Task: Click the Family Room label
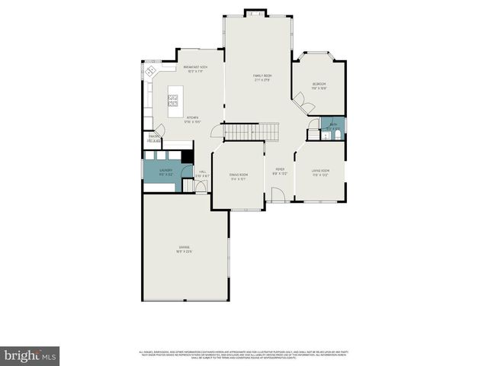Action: coord(262,77)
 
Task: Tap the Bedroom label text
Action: coord(319,85)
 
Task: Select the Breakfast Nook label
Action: coord(197,69)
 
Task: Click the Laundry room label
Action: coord(165,172)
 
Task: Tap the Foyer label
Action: coord(280,172)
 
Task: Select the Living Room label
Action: coord(320,172)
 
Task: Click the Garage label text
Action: coord(185,249)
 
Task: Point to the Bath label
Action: coord(333,124)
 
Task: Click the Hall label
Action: coord(201,175)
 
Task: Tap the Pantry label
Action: coord(154,138)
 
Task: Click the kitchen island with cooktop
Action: coord(173,100)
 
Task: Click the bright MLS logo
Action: coord(30,355)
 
